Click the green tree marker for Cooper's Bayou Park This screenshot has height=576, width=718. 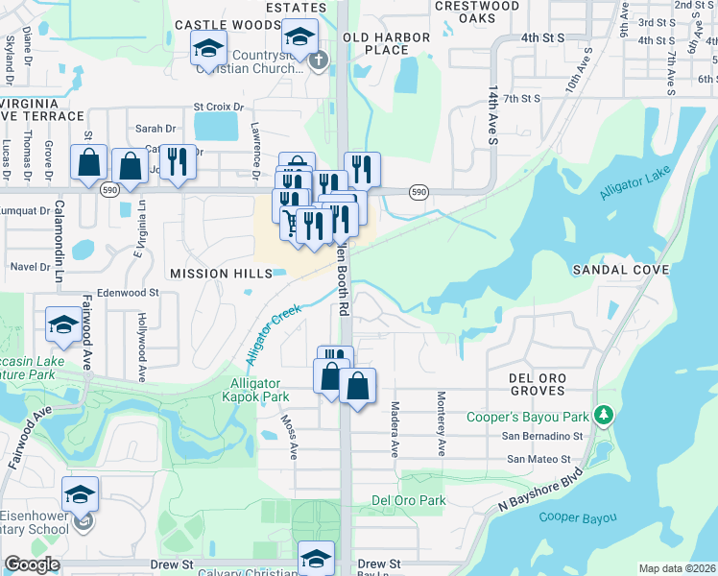[603, 415]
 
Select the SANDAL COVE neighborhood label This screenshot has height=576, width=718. [619, 270]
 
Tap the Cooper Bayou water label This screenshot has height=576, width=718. [578, 517]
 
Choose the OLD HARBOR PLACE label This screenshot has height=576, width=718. [375, 43]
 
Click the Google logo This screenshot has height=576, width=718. [32, 564]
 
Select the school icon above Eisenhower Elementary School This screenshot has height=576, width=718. [81, 495]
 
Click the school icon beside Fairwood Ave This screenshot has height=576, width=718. [63, 324]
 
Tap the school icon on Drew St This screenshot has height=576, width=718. [316, 558]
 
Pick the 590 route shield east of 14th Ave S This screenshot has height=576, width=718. [419, 193]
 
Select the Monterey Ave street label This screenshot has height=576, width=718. [443, 422]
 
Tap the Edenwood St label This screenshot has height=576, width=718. [127, 292]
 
